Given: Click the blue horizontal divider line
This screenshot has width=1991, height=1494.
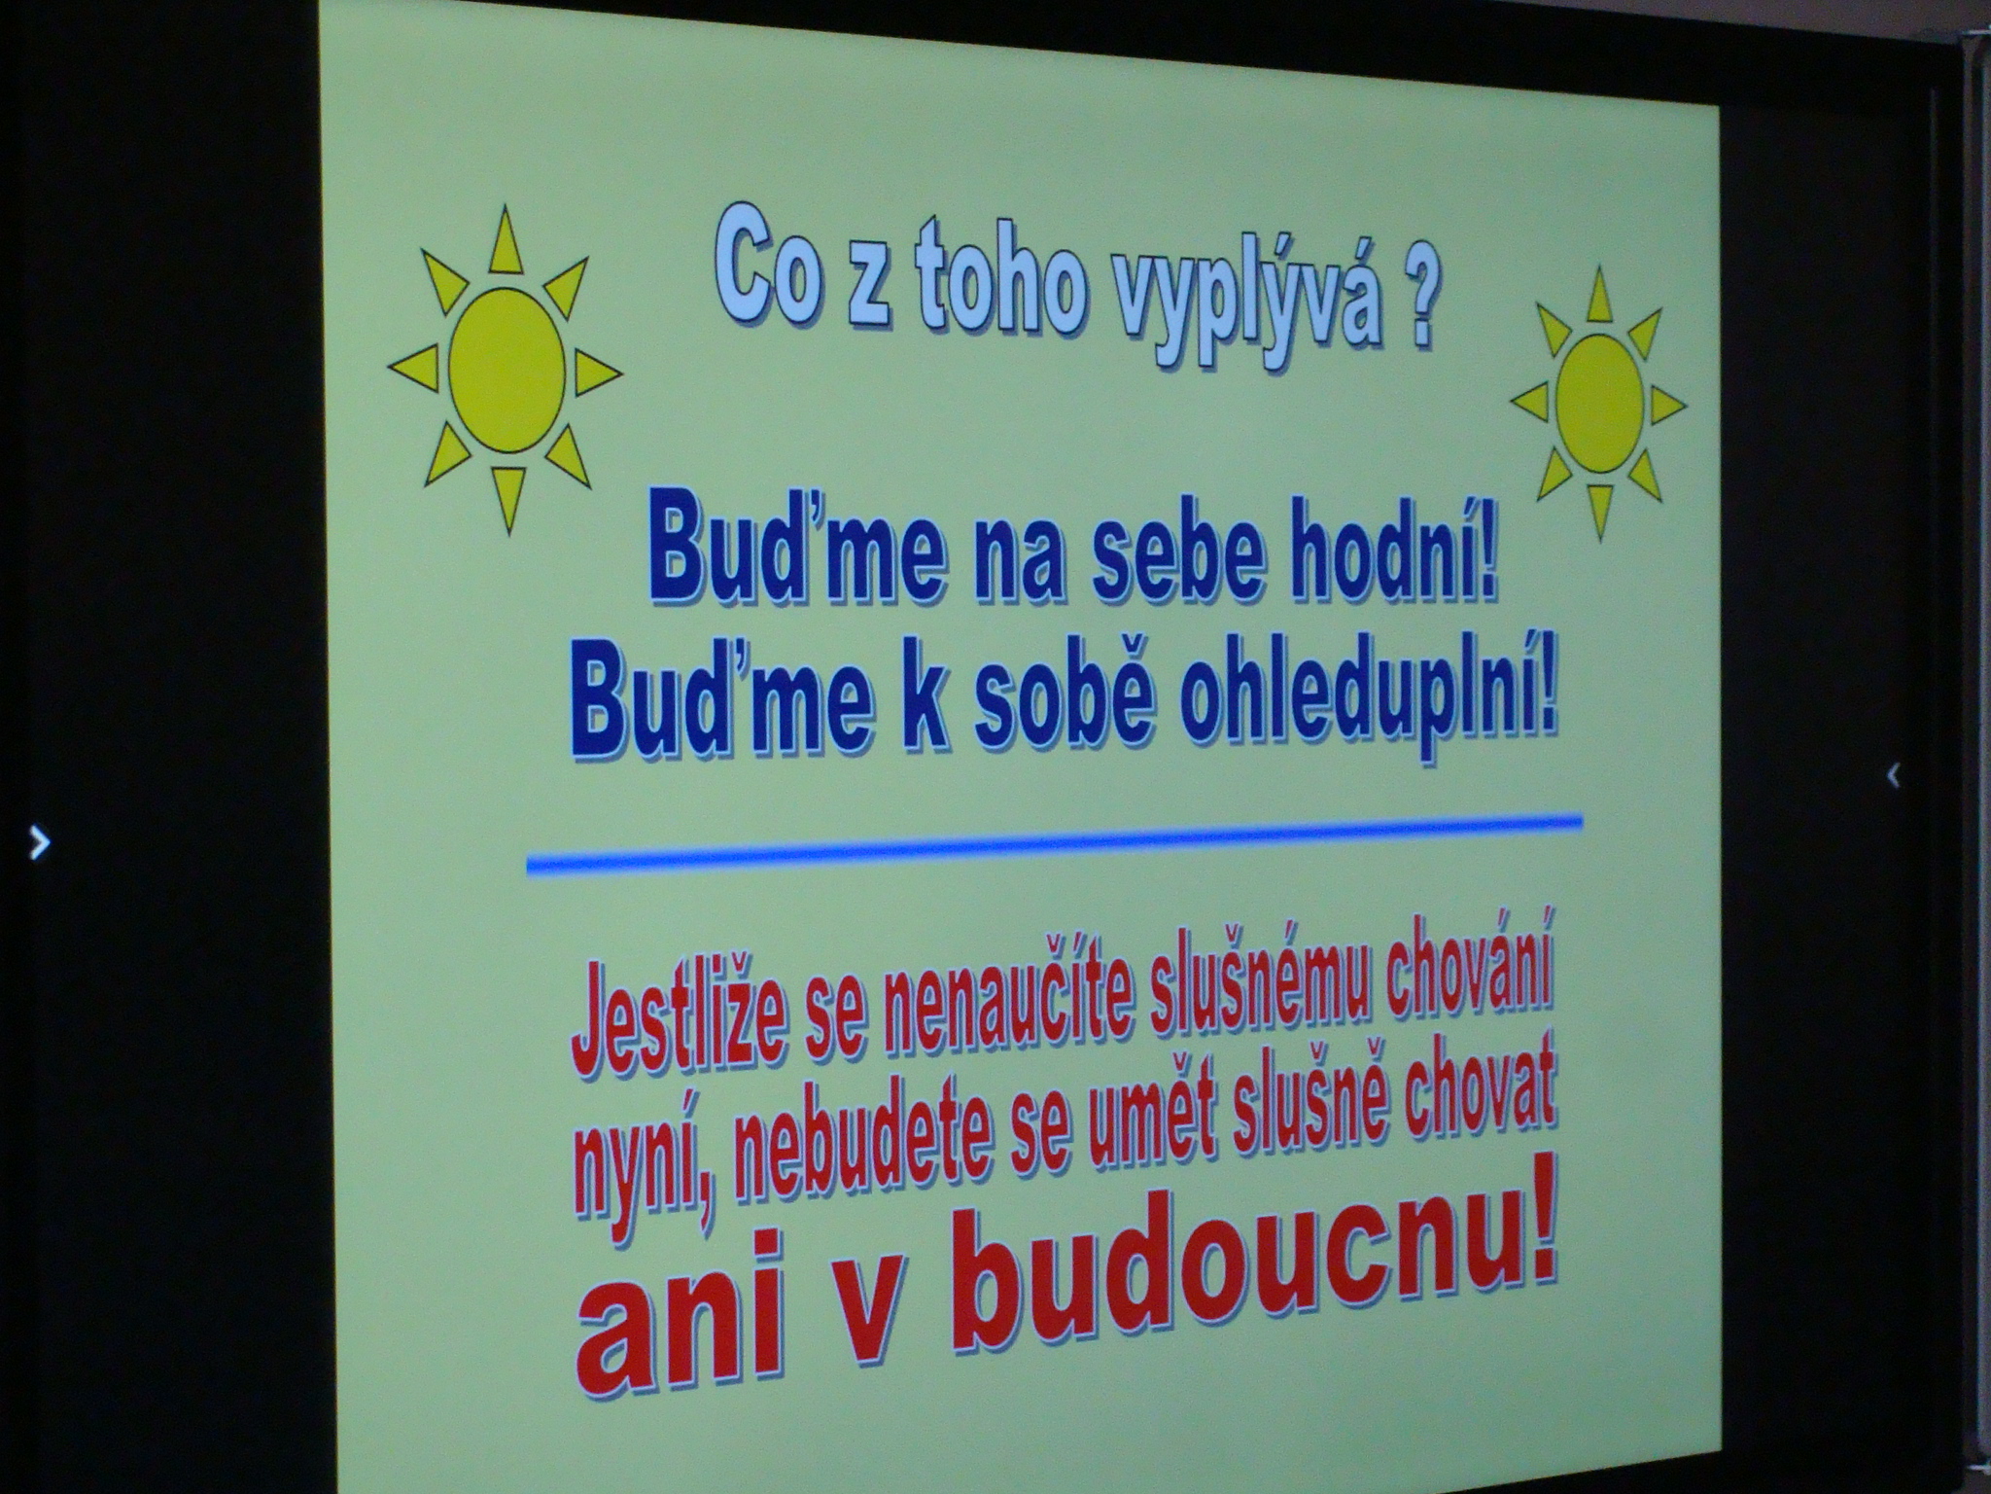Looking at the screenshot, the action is (1055, 842).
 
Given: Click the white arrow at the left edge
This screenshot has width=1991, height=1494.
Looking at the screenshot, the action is (39, 842).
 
